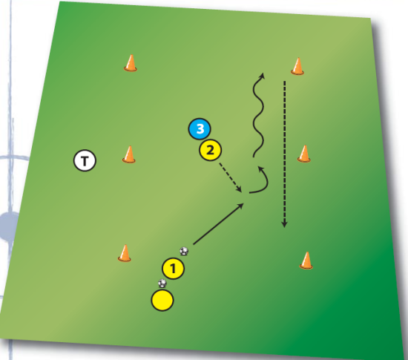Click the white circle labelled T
point(85,160)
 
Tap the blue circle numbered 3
point(200,129)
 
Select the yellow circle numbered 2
point(210,150)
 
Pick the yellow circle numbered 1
point(174,269)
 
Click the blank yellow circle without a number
point(162,300)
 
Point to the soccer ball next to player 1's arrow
point(184,251)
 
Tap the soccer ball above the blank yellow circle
point(162,284)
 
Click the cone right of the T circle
point(129,154)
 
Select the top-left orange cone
point(131,63)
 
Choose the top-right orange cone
point(297,66)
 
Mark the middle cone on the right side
point(304,154)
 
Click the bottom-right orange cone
point(306,261)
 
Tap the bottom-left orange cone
point(125,253)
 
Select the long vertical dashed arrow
point(284,154)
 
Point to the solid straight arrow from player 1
point(219,224)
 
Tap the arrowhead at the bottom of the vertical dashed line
point(284,224)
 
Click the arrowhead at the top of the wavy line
point(262,75)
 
